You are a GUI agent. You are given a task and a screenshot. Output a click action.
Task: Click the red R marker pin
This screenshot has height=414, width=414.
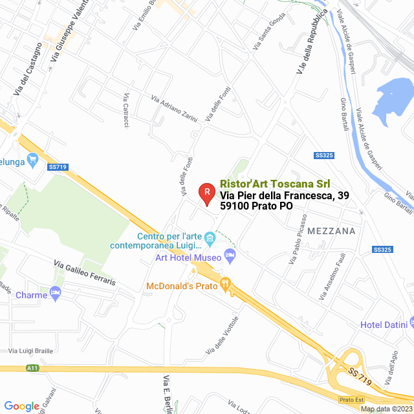click(x=206, y=193)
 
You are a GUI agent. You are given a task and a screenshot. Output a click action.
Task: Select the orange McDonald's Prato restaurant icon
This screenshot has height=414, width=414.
click(x=225, y=283)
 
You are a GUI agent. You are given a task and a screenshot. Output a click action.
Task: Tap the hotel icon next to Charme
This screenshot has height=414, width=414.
click(x=56, y=295)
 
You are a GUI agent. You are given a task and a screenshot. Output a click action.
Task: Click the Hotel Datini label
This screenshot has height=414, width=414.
click(x=382, y=324)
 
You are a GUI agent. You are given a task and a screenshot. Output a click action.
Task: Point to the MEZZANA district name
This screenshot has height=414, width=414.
click(x=331, y=230)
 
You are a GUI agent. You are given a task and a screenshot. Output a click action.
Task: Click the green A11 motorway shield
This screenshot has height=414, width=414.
click(x=33, y=368)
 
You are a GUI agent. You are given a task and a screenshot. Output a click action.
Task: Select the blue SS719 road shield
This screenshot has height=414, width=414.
click(x=58, y=167)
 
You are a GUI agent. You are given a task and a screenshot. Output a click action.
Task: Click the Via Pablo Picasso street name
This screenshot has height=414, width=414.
click(x=295, y=241)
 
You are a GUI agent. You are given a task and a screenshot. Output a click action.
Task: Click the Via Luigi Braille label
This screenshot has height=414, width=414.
click(x=32, y=350)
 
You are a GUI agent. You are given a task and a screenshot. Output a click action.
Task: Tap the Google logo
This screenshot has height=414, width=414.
click(x=21, y=406)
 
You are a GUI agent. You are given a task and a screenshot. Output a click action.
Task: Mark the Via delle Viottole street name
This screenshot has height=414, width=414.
click(x=222, y=334)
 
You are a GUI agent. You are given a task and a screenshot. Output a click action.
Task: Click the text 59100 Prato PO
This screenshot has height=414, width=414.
click(x=256, y=206)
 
